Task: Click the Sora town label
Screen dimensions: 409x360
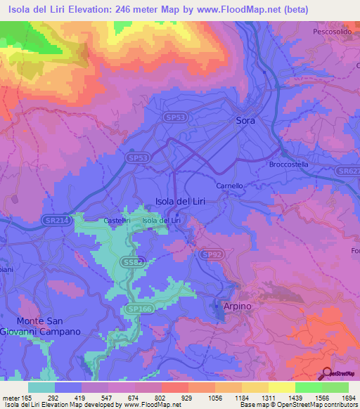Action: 245,121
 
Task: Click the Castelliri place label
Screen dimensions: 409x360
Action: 117,221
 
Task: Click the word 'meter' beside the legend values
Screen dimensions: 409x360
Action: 11,397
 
